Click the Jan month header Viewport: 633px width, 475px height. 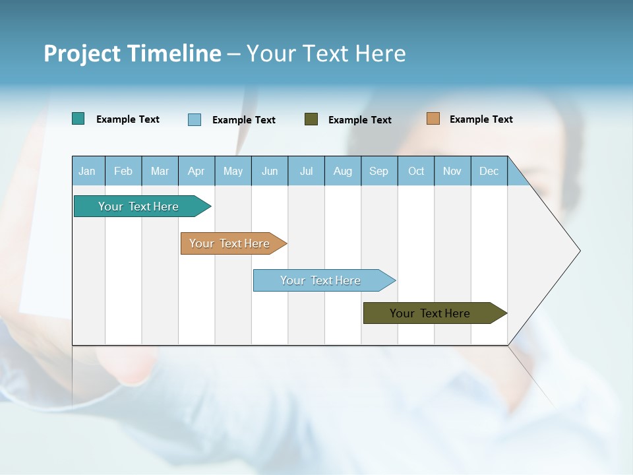click(x=87, y=171)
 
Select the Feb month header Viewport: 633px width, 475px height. click(x=123, y=171)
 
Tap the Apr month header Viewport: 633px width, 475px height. click(x=196, y=171)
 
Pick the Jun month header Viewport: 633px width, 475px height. click(x=270, y=171)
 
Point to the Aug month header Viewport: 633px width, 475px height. click(x=343, y=171)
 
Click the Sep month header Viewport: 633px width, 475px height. click(x=378, y=171)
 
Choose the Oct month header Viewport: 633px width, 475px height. click(x=416, y=171)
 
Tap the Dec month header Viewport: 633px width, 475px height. click(x=489, y=171)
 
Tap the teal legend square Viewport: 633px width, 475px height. click(x=78, y=119)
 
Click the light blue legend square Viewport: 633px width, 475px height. click(x=195, y=119)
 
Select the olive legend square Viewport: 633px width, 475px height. click(x=311, y=119)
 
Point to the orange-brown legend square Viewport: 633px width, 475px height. click(x=433, y=119)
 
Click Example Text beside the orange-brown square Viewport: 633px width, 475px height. click(x=481, y=119)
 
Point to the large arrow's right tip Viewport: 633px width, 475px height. click(x=578, y=251)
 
